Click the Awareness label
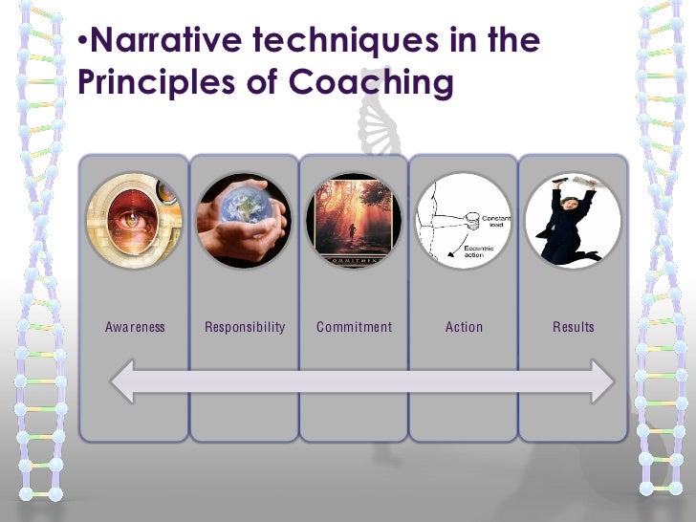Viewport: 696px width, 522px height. click(x=135, y=327)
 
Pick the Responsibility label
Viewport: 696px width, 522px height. click(x=245, y=327)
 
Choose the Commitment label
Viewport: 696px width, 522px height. click(x=354, y=327)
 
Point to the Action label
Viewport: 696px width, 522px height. click(x=464, y=327)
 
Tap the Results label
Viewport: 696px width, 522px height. click(x=574, y=327)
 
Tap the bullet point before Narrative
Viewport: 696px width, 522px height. click(x=82, y=43)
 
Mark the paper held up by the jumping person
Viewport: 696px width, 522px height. click(x=583, y=182)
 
